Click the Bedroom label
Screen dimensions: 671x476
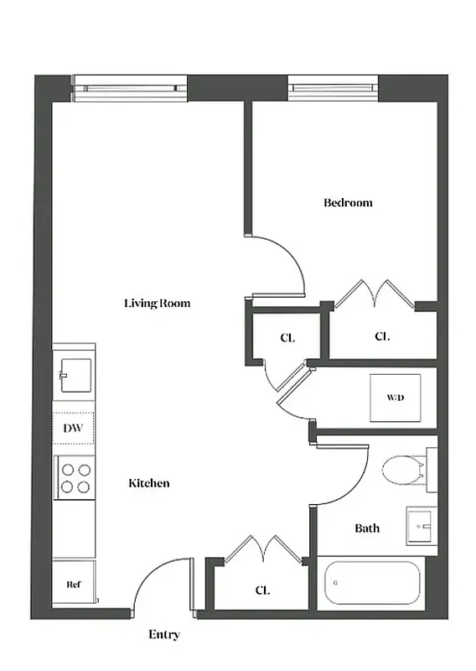[348, 202]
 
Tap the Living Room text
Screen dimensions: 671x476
[157, 303]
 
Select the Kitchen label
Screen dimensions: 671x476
[149, 483]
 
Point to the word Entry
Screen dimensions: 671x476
[163, 635]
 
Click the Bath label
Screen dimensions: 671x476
[367, 528]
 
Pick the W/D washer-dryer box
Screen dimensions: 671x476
[396, 397]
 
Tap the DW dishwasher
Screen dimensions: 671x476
[74, 428]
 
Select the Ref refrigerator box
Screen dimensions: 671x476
[74, 584]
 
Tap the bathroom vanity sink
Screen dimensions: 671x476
[421, 526]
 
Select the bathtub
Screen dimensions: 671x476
[370, 582]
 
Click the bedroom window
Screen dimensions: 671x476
[334, 86]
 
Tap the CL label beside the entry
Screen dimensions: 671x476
[261, 590]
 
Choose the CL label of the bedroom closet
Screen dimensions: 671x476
[382, 336]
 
